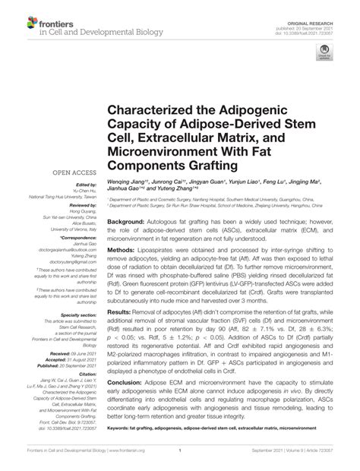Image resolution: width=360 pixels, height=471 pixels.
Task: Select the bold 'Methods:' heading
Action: pos(123,248)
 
